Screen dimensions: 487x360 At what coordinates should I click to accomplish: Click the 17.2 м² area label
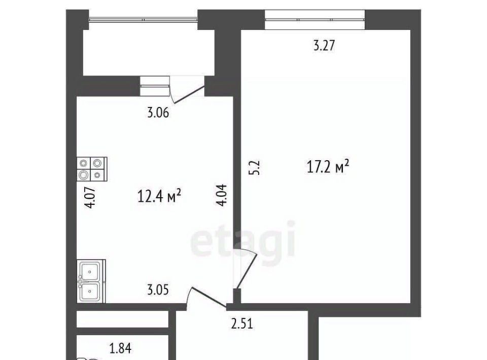tap(328, 167)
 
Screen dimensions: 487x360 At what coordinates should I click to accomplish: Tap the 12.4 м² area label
tap(159, 196)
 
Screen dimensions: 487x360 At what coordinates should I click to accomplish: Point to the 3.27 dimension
tap(324, 45)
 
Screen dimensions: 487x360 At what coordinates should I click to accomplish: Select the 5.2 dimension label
tap(254, 168)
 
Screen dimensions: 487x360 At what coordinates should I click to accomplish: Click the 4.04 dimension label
tap(222, 195)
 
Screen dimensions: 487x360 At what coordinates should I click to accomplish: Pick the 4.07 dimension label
tap(90, 197)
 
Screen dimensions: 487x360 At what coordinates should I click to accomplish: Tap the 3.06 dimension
tap(158, 113)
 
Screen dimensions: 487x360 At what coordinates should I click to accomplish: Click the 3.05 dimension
tap(158, 290)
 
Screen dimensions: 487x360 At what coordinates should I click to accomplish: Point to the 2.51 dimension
tap(242, 323)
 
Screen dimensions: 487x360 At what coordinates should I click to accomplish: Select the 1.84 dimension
tap(121, 348)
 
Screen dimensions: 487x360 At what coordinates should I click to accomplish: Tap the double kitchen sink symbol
tap(91, 281)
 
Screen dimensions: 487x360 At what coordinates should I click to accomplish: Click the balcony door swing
tap(187, 90)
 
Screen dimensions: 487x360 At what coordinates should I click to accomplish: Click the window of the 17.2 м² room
tap(315, 20)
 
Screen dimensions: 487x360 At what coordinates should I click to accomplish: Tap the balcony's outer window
tap(143, 20)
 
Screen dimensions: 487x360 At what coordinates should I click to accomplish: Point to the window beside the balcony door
tap(155, 86)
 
